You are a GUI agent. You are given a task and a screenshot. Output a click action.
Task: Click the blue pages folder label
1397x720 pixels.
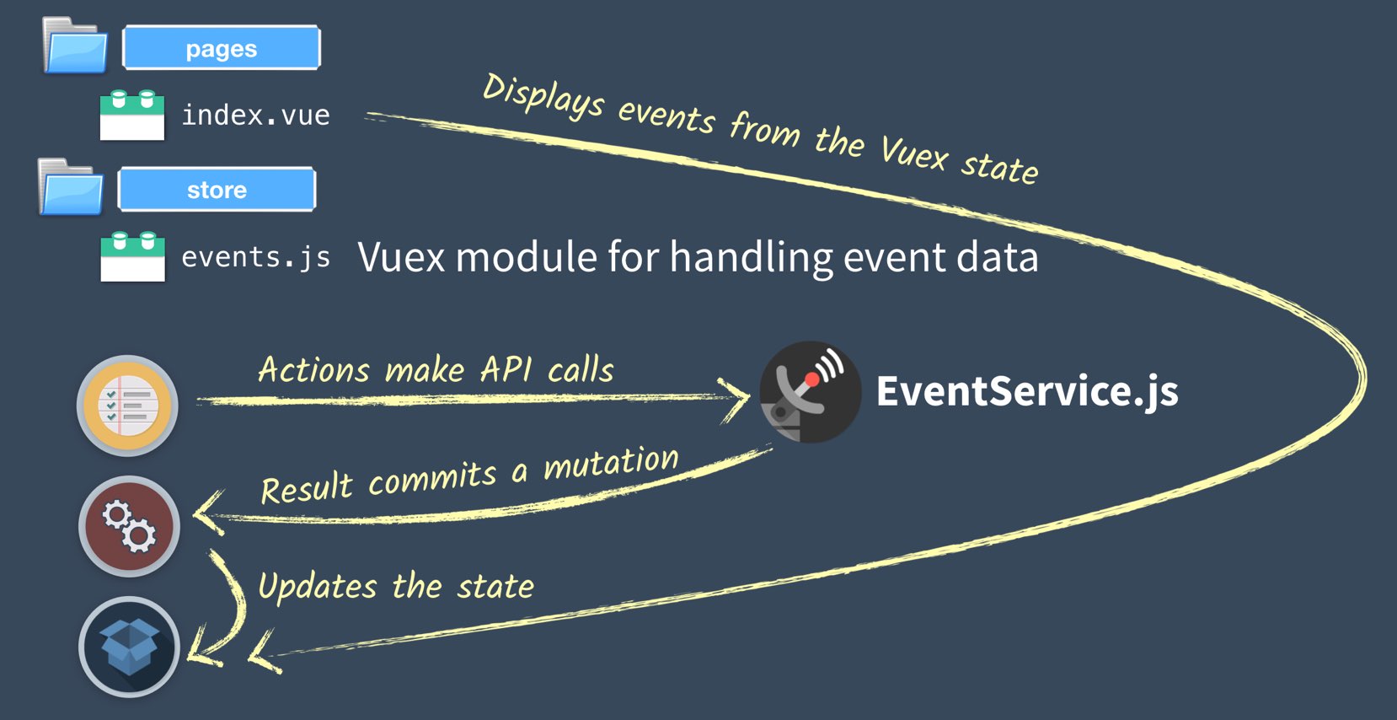pos(222,47)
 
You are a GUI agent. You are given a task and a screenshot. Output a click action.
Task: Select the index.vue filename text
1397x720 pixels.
pos(255,116)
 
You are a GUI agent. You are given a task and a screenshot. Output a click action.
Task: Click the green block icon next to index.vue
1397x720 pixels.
pos(132,116)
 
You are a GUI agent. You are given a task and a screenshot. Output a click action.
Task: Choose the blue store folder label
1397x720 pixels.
pos(217,189)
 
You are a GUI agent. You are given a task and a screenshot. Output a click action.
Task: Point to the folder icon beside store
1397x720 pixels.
pos(71,187)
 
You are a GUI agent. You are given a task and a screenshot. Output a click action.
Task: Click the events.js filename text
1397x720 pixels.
pos(255,257)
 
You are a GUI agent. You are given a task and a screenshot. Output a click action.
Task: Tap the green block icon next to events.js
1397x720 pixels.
pos(133,256)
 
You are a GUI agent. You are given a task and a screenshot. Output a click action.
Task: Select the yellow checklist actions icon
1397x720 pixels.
pos(128,406)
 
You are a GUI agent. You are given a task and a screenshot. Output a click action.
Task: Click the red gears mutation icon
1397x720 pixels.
pos(129,526)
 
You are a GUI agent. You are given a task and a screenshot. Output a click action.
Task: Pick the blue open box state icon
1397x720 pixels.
pos(129,647)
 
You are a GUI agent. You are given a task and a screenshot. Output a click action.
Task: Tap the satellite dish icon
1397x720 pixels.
pos(810,392)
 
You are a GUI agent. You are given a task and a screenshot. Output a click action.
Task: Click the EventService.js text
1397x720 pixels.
pos(1027,392)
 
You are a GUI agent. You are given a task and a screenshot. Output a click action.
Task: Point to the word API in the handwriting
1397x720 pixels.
pos(506,368)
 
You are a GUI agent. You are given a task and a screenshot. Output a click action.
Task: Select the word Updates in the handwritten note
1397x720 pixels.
pos(318,587)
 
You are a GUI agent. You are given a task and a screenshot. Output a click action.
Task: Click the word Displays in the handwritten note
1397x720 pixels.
pos(543,96)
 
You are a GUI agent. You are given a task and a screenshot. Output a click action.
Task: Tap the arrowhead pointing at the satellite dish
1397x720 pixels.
pos(736,400)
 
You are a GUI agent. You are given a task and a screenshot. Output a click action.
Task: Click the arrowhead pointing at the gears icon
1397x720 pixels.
pos(207,513)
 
